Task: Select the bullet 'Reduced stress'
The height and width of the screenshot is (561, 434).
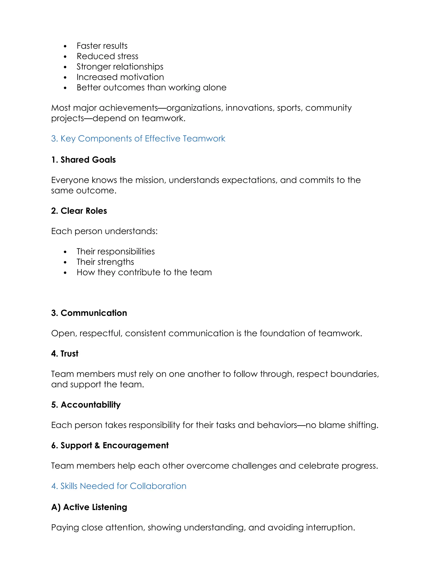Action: (x=107, y=56)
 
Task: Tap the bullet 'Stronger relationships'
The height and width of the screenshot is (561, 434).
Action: (x=120, y=66)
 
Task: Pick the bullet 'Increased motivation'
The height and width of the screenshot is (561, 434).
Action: (x=120, y=77)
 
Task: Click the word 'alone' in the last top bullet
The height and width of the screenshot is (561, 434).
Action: (x=215, y=88)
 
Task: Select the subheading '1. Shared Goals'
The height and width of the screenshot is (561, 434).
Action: (x=83, y=160)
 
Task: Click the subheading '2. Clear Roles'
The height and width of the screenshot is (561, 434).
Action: (x=79, y=211)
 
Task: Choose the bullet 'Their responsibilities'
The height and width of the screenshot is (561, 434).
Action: (x=115, y=251)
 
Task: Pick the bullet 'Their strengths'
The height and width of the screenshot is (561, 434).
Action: (x=105, y=262)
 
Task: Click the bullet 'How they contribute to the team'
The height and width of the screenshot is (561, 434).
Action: (x=144, y=272)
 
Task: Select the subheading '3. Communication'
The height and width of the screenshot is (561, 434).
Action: (x=89, y=313)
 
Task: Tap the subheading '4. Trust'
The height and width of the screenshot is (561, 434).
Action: (x=65, y=354)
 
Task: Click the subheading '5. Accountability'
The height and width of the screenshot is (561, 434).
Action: (x=86, y=405)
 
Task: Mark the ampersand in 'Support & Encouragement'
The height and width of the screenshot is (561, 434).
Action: (x=97, y=445)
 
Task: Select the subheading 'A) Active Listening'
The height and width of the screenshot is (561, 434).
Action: (x=89, y=507)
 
